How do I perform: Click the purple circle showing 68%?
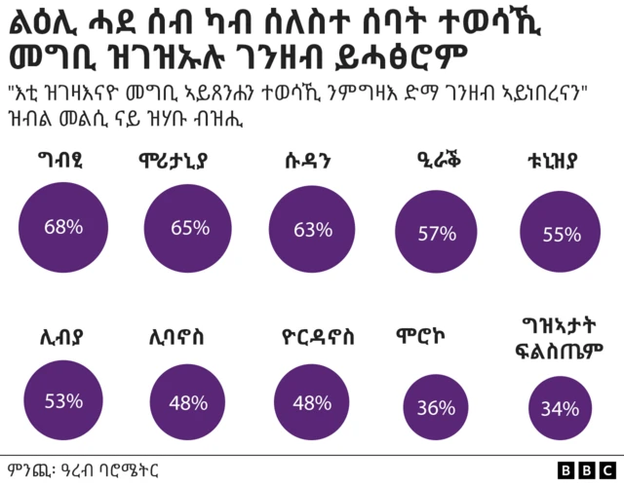point(63,228)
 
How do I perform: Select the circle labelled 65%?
point(189,229)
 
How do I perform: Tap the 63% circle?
point(313,230)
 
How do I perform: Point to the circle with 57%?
point(437,233)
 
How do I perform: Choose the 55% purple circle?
point(561,234)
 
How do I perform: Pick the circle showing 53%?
point(63,400)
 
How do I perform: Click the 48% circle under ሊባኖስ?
point(187,402)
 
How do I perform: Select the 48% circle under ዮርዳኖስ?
point(312,403)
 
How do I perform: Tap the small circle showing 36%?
point(436,407)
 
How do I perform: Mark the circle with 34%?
point(560,408)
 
